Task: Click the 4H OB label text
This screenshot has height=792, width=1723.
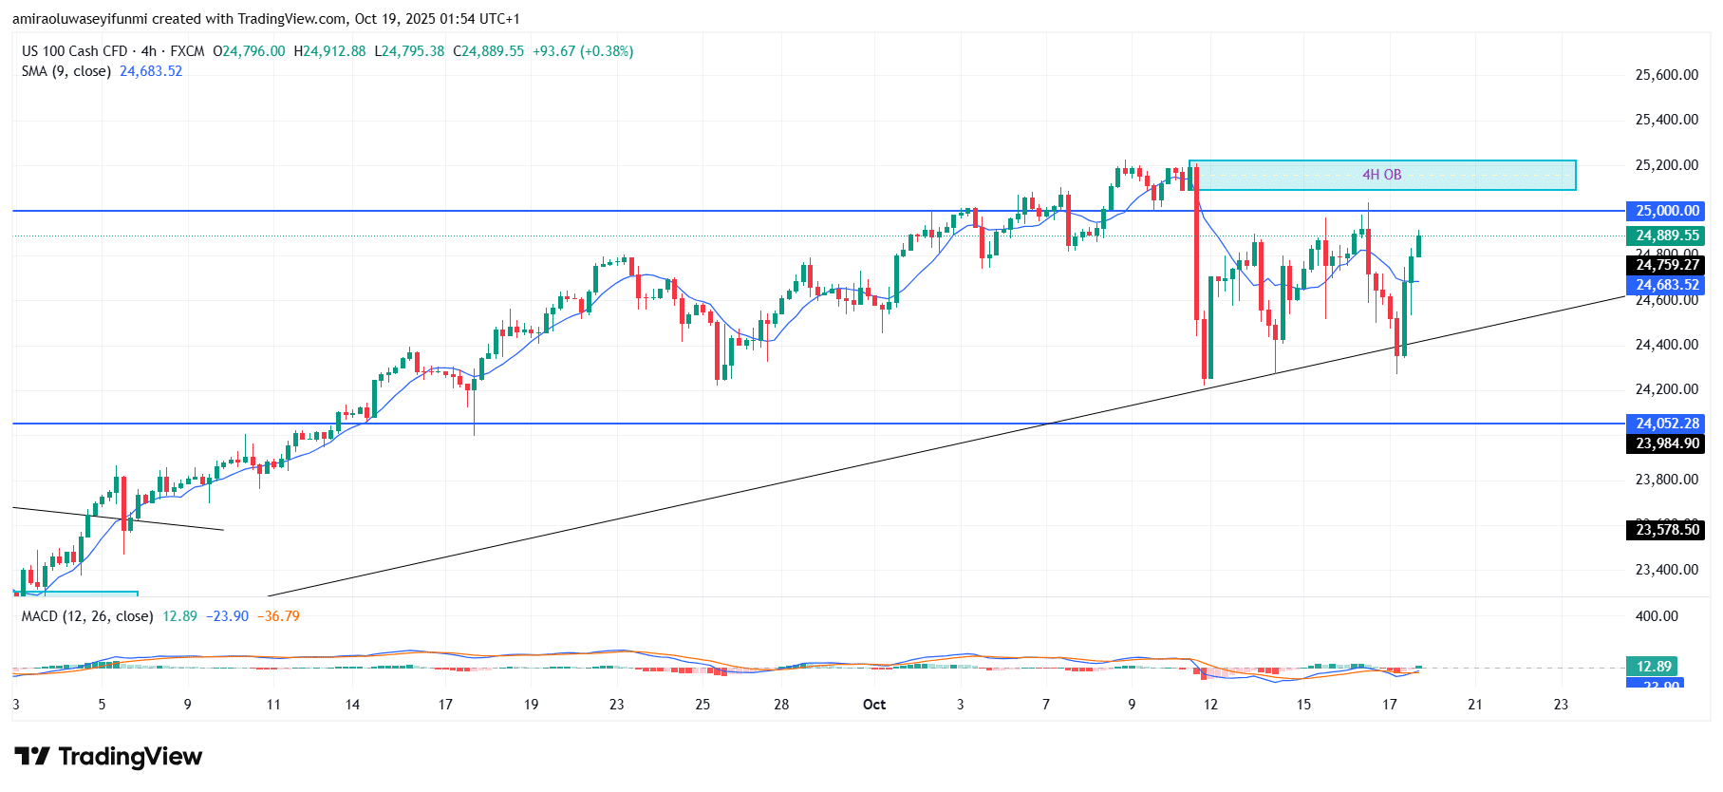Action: point(1381,175)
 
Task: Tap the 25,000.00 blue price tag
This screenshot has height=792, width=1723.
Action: point(1666,211)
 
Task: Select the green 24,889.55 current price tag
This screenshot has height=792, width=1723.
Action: point(1666,236)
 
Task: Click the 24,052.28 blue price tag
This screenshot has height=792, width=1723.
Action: point(1666,424)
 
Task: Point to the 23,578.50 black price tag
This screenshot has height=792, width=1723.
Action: point(1666,530)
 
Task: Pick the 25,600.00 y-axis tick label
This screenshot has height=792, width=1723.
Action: point(1666,75)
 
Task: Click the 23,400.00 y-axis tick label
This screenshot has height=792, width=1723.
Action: point(1666,570)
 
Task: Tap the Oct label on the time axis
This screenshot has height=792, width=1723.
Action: point(873,705)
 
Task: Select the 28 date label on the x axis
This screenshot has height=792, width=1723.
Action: point(781,705)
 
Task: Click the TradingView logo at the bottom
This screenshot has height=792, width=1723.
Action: point(109,757)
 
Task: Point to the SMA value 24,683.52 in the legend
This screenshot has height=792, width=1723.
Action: point(151,71)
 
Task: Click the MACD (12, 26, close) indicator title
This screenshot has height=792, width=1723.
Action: point(87,616)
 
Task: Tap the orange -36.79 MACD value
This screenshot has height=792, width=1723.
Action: point(282,616)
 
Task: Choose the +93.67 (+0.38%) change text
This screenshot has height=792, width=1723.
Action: point(582,51)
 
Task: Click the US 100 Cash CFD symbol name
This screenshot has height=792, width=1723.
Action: point(75,51)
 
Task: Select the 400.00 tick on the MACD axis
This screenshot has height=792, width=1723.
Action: point(1657,616)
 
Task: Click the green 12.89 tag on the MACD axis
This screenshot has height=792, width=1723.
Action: point(1654,667)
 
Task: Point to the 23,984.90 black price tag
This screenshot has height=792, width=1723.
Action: point(1666,443)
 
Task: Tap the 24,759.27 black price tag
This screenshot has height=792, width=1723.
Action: point(1666,265)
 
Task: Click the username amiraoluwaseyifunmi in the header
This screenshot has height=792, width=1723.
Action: point(81,19)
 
